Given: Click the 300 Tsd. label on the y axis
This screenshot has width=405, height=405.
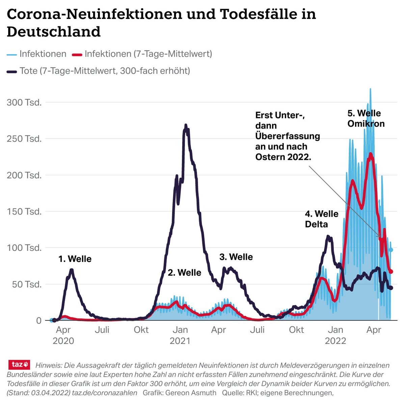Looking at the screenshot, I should pos(24,102).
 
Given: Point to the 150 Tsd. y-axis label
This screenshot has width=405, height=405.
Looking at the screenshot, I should pos(24,212).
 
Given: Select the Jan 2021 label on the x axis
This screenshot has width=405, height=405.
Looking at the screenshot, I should pos(180,335).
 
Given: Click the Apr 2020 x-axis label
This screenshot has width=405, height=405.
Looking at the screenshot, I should pos(63,335).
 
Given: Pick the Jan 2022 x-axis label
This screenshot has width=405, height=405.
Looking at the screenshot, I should pos(335,335).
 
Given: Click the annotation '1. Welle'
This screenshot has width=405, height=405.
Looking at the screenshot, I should pos(75,259).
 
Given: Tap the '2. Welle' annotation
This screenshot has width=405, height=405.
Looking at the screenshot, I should pos(184,273).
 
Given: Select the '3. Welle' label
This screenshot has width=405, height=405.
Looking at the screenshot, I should pos(236,257).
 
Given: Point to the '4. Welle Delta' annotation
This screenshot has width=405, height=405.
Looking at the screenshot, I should pos(321,219).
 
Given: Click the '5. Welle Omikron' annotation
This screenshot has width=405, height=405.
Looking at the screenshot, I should pos(366,118).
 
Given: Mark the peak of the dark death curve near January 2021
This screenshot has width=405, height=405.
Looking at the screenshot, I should pos(186,125).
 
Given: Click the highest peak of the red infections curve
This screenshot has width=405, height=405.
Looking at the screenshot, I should pos(371,154).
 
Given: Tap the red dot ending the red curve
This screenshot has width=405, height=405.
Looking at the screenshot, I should pos(391,271).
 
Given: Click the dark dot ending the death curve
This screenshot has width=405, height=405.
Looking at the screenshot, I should pos(391,288).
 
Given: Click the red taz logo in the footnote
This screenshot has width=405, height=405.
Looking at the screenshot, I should pos(19,364).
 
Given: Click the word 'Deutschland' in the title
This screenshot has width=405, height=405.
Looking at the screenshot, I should pos(54,32).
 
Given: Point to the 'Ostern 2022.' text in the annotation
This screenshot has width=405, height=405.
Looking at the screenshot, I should pos(283,157).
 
